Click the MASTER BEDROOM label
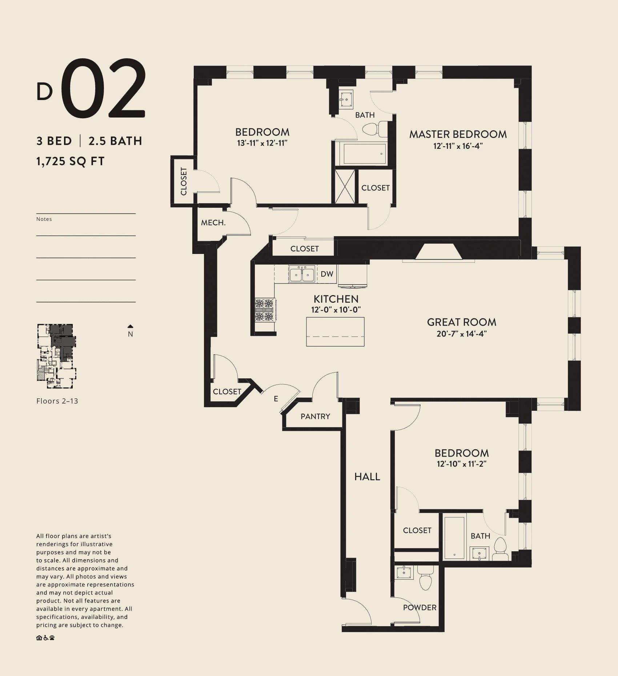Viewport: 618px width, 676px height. click(458, 134)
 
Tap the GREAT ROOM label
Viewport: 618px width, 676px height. click(462, 322)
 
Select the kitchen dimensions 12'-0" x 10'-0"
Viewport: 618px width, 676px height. click(336, 310)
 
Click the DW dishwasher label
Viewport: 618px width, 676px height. click(327, 274)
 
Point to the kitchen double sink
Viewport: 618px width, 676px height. click(302, 274)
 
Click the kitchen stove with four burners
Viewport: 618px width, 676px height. click(265, 310)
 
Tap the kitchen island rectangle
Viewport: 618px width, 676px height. click(335, 331)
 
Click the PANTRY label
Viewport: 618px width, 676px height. click(315, 416)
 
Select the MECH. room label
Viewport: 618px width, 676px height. click(213, 223)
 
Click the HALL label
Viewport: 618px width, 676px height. click(367, 477)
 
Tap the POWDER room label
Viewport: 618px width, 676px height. click(420, 607)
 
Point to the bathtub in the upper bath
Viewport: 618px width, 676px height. click(364, 154)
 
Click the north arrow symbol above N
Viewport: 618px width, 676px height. click(131, 326)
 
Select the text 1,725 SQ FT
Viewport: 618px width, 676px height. click(71, 161)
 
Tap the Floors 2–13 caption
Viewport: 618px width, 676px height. click(57, 401)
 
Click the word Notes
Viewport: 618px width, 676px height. click(44, 219)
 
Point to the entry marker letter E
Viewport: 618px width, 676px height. click(276, 399)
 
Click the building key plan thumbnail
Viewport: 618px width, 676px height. click(56, 353)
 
